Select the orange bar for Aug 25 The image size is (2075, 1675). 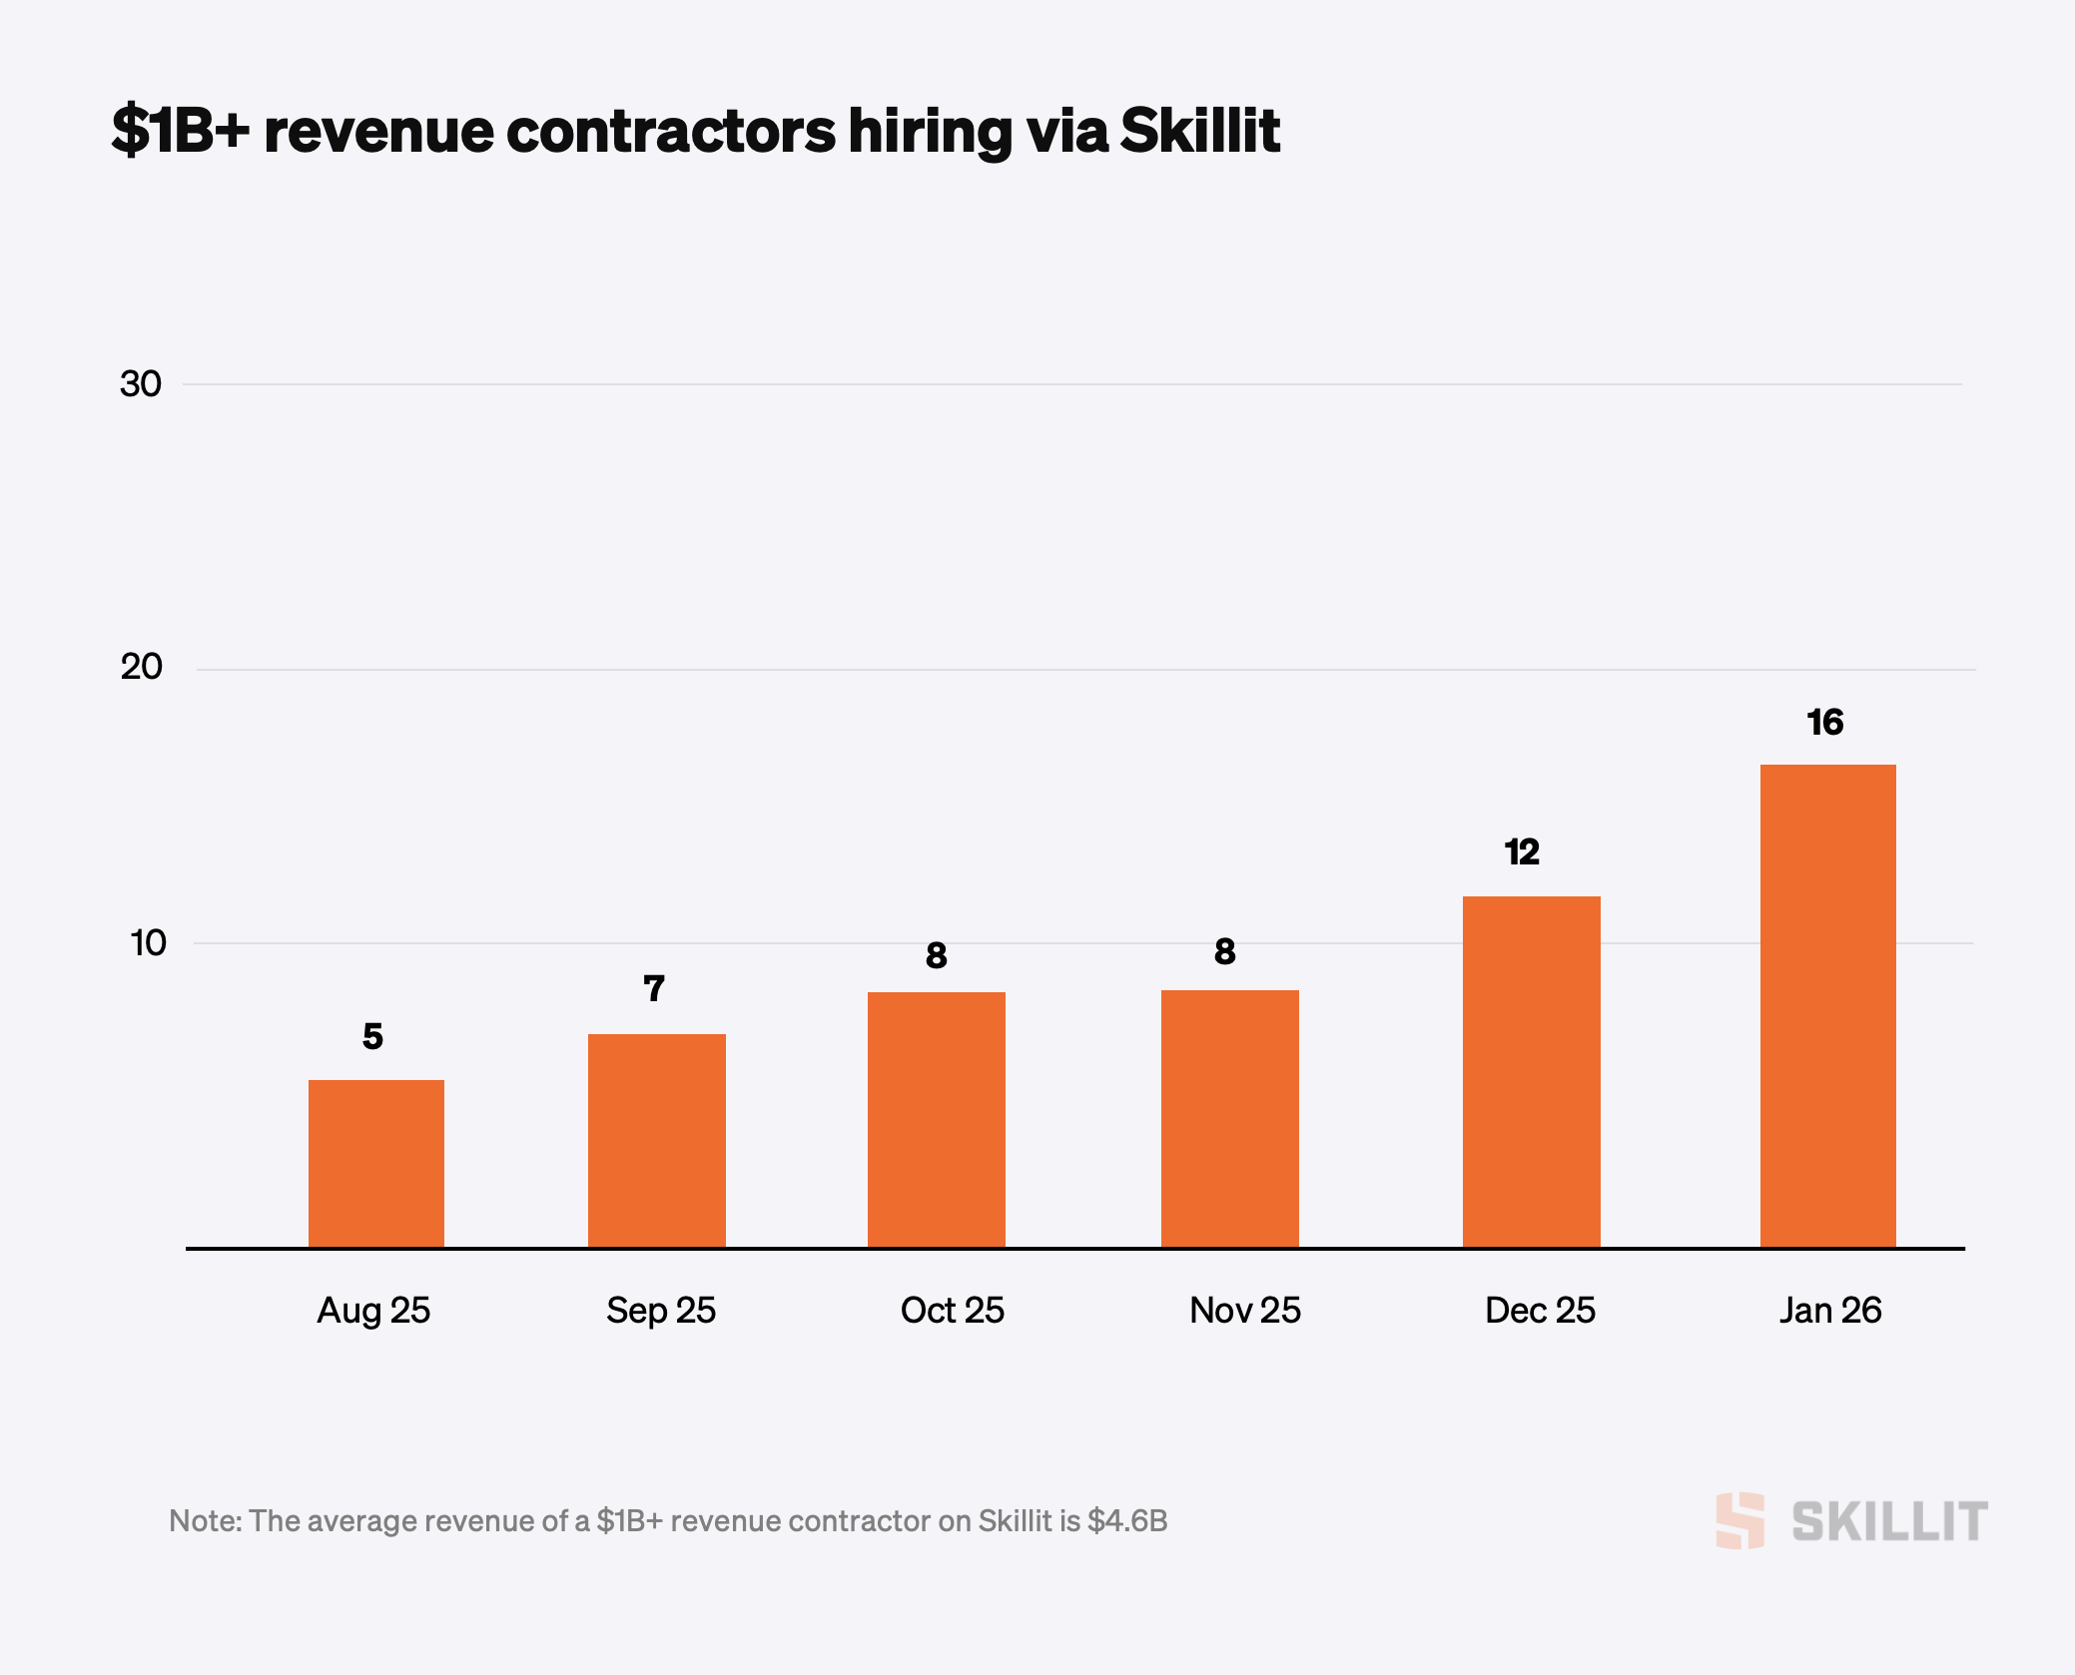(x=375, y=1163)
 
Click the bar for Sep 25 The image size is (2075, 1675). (x=656, y=1140)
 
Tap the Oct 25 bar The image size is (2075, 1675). (x=936, y=1119)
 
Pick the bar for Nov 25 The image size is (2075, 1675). (x=1229, y=1118)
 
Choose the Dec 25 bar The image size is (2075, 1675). (x=1531, y=1071)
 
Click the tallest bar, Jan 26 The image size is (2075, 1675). (x=1827, y=1005)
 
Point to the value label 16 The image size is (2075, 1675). (x=1824, y=722)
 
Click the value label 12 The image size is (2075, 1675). (x=1522, y=851)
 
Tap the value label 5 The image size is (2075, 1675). (x=372, y=1036)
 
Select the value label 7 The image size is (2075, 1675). (x=654, y=988)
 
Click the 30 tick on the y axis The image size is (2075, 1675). (x=140, y=383)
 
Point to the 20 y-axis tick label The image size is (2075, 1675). (x=141, y=666)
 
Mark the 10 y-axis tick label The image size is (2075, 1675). (x=148, y=942)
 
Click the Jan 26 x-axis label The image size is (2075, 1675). (x=1829, y=1310)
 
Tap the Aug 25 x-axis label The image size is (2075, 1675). (x=373, y=1310)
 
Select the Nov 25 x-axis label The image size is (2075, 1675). (x=1245, y=1310)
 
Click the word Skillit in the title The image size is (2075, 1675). (x=1199, y=130)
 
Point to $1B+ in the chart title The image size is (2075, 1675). (x=180, y=130)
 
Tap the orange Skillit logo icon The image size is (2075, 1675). (x=1739, y=1520)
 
